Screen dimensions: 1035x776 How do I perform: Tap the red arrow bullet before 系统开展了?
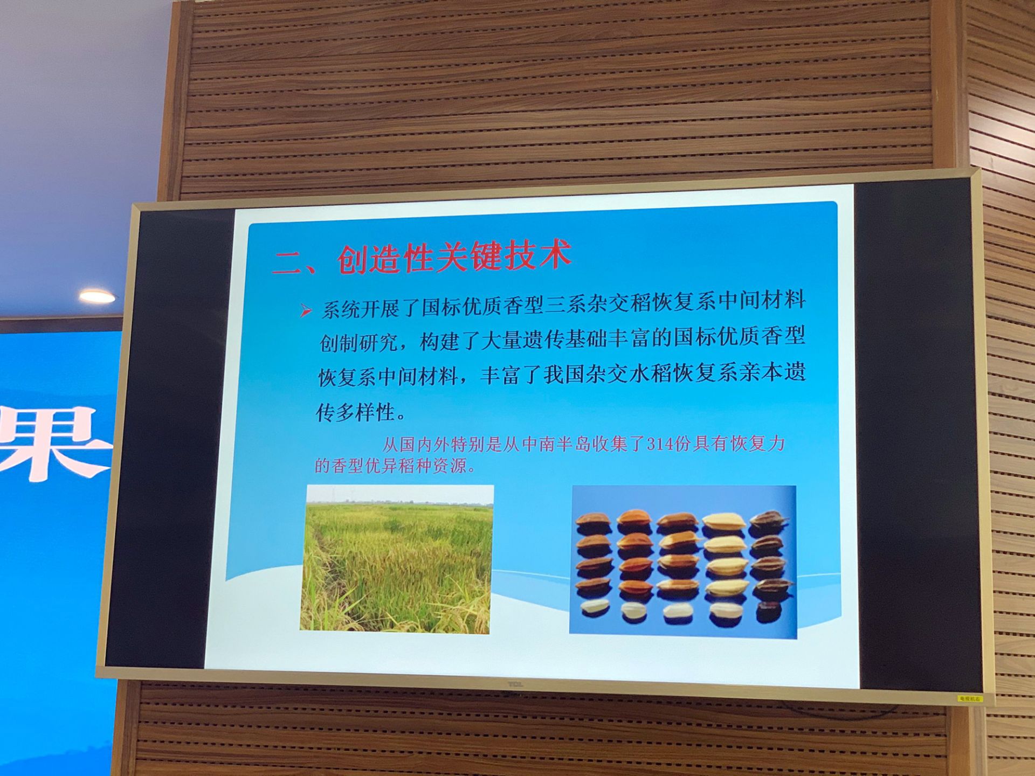pos(306,310)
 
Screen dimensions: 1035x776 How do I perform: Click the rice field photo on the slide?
pos(397,559)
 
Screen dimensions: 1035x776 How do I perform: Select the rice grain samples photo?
pos(683,562)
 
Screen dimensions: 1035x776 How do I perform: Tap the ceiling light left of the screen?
pos(97,296)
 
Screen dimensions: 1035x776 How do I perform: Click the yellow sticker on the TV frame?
pos(969,699)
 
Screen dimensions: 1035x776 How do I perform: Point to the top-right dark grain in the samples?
pos(768,520)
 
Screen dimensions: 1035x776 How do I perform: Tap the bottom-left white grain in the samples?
pos(595,607)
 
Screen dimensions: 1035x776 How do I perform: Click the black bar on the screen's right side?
pos(916,434)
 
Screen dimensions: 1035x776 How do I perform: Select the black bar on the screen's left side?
pos(170,439)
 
